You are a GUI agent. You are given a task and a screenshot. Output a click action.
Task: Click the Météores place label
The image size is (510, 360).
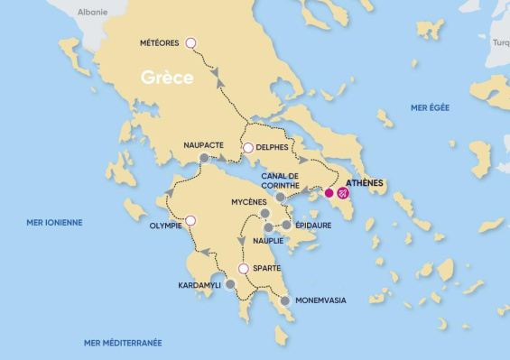(x=161, y=43)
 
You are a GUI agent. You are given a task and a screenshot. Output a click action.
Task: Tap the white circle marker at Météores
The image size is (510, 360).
(x=190, y=42)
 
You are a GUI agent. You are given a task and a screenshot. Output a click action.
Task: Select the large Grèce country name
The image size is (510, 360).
(x=167, y=78)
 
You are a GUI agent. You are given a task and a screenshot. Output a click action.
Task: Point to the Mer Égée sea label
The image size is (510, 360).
(x=430, y=107)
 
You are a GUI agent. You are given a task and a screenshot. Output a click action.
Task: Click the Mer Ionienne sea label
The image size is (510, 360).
(x=54, y=222)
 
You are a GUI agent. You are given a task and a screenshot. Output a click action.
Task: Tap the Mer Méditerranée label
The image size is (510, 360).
(x=123, y=342)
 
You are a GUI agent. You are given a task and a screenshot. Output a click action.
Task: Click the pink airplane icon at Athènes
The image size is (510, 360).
(x=344, y=192)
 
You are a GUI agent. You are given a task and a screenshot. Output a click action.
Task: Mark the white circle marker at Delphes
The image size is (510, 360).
(x=247, y=148)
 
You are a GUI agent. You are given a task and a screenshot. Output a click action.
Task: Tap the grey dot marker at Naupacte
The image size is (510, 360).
(x=204, y=158)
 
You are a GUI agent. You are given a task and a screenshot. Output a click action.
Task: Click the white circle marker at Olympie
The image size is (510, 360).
(x=190, y=219)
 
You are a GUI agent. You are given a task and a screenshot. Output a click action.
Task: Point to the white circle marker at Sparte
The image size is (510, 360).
(x=243, y=269)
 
